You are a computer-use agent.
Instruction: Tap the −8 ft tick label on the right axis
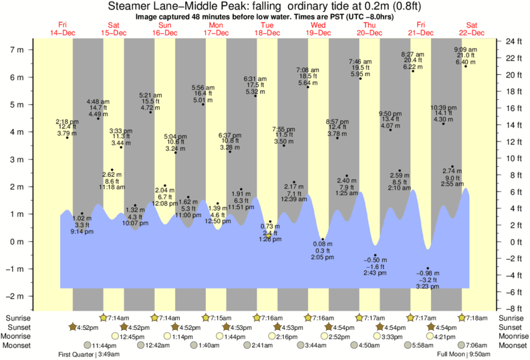click(512, 309)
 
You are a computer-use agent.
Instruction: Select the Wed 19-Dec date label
click(318, 29)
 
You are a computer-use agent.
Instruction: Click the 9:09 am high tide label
click(465, 50)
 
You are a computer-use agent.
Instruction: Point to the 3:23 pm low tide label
click(428, 286)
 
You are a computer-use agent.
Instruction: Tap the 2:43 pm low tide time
click(375, 273)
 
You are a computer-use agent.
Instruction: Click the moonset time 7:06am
click(481, 345)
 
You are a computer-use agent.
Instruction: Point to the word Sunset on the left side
click(16, 327)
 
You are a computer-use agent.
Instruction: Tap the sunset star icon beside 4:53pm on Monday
click(227, 327)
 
